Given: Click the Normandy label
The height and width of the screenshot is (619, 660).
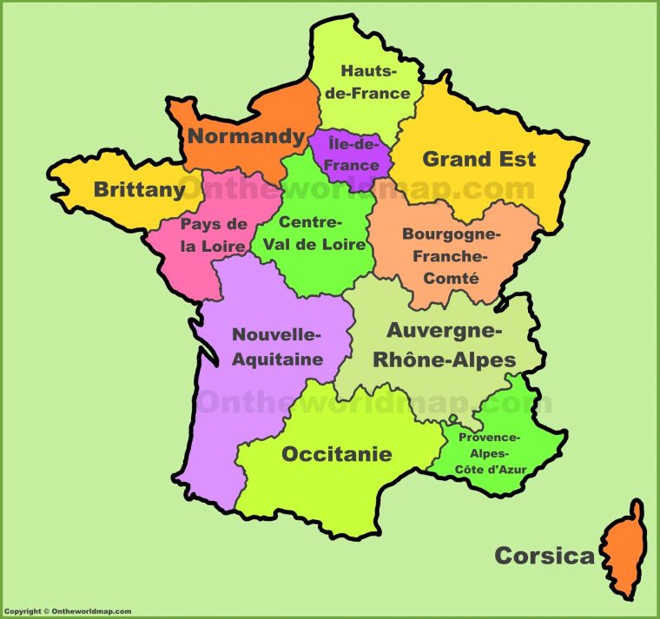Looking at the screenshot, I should coord(247,136).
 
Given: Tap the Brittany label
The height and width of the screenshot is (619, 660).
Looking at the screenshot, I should coord(139,188).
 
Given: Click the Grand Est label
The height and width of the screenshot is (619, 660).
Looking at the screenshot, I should coord(478,159).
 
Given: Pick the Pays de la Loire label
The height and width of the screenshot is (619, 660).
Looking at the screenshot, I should coord(213,234).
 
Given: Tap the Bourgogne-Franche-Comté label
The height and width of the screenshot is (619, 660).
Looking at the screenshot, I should coord(452,256).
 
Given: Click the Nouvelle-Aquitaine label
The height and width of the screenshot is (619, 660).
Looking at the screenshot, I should coord(277,346).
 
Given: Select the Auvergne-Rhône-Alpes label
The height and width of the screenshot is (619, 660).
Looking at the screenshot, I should coord(451,345).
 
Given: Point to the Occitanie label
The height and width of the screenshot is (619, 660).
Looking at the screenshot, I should coord(336,454).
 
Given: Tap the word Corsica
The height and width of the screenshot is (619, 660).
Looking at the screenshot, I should coord(544,556).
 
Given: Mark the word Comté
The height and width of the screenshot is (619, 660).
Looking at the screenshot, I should coord(452,279).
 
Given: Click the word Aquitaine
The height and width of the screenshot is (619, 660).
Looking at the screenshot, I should coord(277,359).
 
